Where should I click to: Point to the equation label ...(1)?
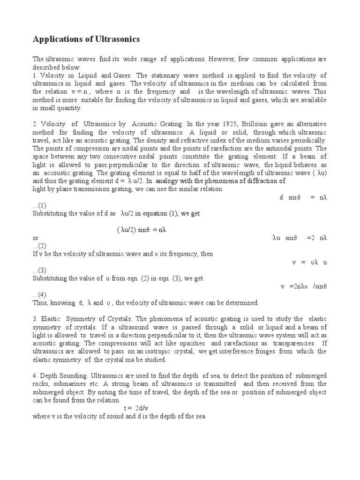pyautogui.click(x=39, y=205)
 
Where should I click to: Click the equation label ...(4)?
pyautogui.click(x=39, y=294)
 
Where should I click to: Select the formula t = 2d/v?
pyautogui.click(x=136, y=408)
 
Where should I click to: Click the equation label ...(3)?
pyautogui.click(x=39, y=270)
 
